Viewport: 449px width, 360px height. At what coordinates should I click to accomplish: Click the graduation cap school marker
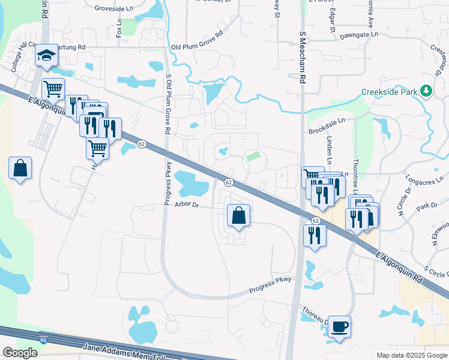[x=46, y=56]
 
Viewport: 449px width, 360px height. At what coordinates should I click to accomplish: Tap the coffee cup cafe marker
[x=339, y=327]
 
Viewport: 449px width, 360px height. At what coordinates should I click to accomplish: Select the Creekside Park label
[x=389, y=92]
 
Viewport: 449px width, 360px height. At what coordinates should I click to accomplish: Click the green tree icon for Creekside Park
[x=426, y=91]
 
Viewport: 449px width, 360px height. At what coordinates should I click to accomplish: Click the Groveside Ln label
[x=115, y=9]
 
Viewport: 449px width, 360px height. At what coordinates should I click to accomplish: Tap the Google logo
[x=19, y=353]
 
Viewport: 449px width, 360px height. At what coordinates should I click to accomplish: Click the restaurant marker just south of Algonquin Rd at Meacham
[x=315, y=235]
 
